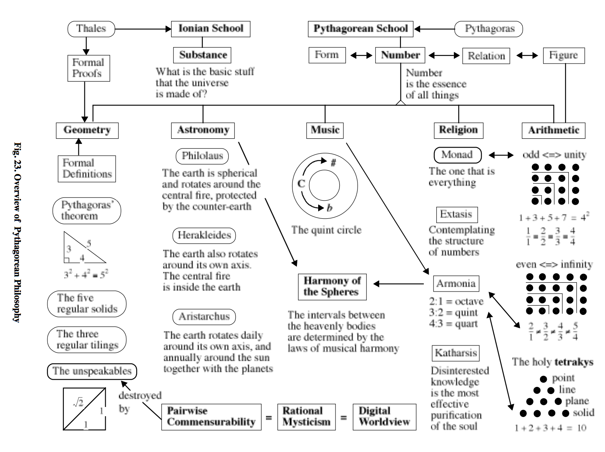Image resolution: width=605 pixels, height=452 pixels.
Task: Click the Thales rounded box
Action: pyautogui.click(x=91, y=29)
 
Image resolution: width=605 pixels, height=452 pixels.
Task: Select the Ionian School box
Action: pyautogui.click(x=211, y=29)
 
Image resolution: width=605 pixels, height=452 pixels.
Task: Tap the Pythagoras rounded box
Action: pyautogui.click(x=488, y=29)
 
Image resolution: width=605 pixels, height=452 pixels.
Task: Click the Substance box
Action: pyautogui.click(x=202, y=55)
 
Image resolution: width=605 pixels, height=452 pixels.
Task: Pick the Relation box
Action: pyautogui.click(x=486, y=56)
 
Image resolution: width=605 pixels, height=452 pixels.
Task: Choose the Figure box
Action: pyautogui.click(x=563, y=55)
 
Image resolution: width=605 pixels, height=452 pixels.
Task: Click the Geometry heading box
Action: pyautogui.click(x=87, y=130)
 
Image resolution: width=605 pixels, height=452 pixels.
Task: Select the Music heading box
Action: pyautogui.click(x=325, y=130)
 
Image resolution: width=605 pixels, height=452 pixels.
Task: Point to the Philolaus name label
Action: pyautogui.click(x=202, y=156)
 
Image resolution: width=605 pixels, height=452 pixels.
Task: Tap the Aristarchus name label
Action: pyautogui.click(x=204, y=317)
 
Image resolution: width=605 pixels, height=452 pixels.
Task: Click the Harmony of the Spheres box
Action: pyautogui.click(x=332, y=287)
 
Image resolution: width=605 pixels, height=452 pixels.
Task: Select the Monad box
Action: pyautogui.click(x=457, y=155)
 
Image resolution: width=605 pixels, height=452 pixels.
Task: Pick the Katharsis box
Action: pyautogui.click(x=456, y=353)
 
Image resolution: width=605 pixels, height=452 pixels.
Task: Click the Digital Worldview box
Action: pyautogui.click(x=384, y=417)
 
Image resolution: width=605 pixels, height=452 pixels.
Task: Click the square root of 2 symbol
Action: pyautogui.click(x=78, y=402)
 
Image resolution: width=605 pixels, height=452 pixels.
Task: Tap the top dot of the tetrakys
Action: pyautogui.click(x=543, y=379)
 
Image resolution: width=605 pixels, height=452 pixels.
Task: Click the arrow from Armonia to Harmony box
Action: pyautogui.click(x=399, y=284)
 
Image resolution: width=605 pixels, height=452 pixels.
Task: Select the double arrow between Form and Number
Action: pyautogui.click(x=361, y=55)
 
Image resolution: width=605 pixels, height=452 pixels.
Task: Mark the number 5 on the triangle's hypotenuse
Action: pyautogui.click(x=89, y=243)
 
